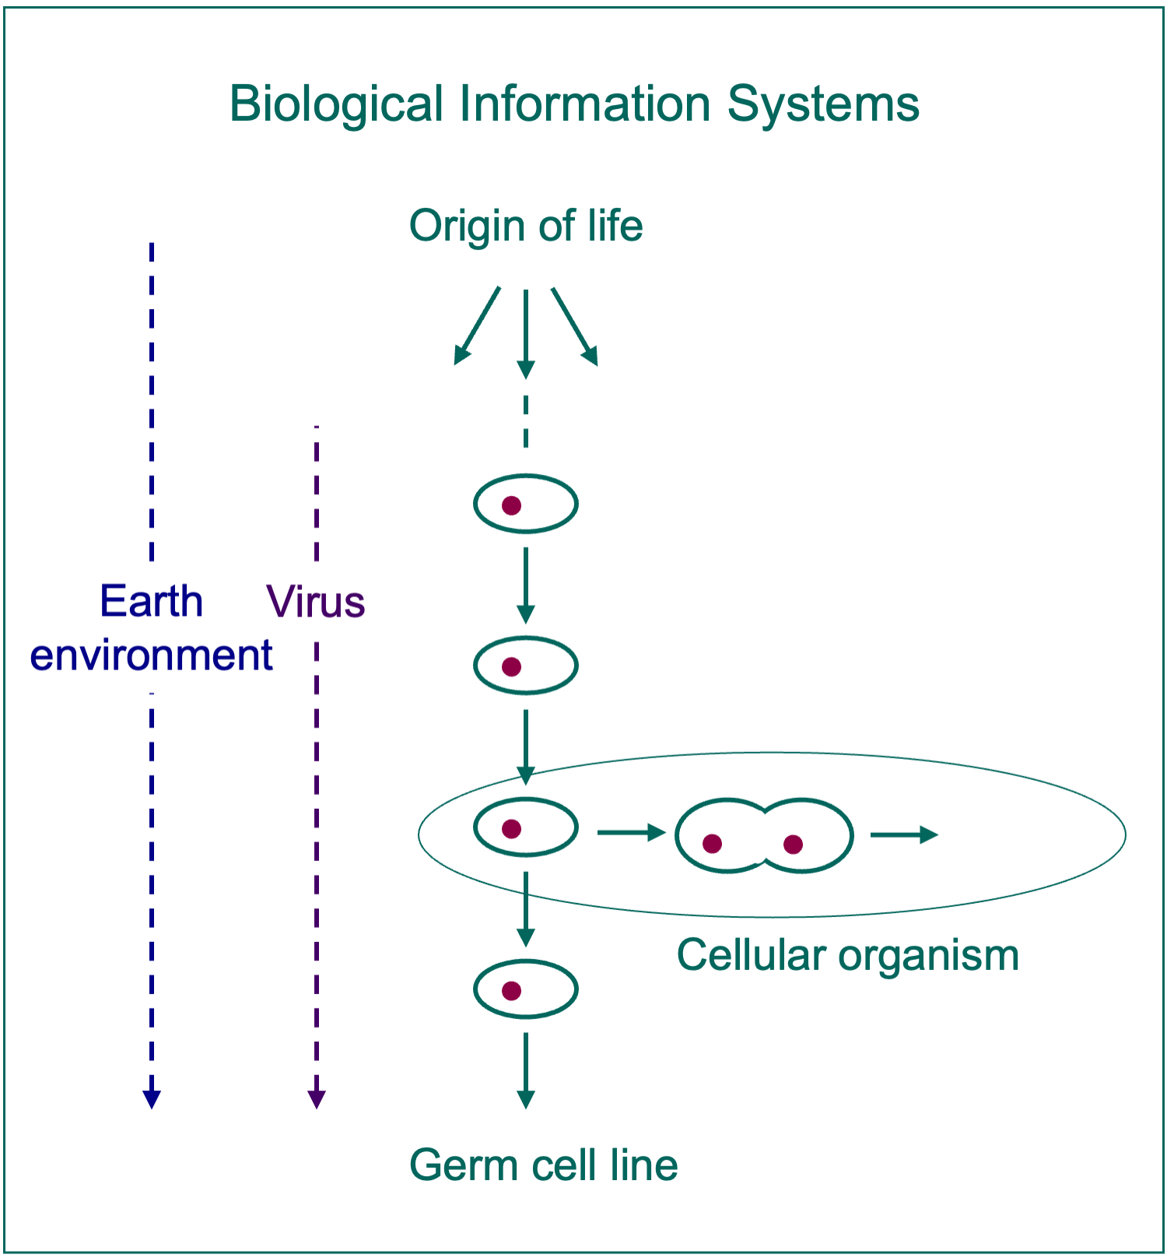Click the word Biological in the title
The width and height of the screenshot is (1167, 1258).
click(x=336, y=104)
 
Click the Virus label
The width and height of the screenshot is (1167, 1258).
click(x=316, y=602)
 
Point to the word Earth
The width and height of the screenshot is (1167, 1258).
click(x=151, y=601)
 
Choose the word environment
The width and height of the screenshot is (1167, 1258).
click(x=151, y=655)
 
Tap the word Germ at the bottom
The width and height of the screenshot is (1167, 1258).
click(x=464, y=1165)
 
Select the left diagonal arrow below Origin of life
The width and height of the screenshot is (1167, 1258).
click(x=476, y=325)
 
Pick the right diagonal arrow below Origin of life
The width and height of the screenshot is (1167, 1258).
click(x=575, y=326)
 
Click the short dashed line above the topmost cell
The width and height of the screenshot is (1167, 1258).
click(x=526, y=421)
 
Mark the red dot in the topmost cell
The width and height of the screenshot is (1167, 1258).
click(x=511, y=506)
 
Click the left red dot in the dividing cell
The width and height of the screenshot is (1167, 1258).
click(x=712, y=843)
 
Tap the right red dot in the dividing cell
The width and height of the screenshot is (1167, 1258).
click(x=793, y=844)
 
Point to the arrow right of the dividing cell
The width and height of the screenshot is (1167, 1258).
click(x=905, y=835)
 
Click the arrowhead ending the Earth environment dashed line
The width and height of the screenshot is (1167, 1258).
click(x=152, y=1098)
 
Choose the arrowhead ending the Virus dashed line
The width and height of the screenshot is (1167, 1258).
click(x=316, y=1098)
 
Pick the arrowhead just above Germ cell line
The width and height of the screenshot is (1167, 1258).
click(x=526, y=1098)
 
